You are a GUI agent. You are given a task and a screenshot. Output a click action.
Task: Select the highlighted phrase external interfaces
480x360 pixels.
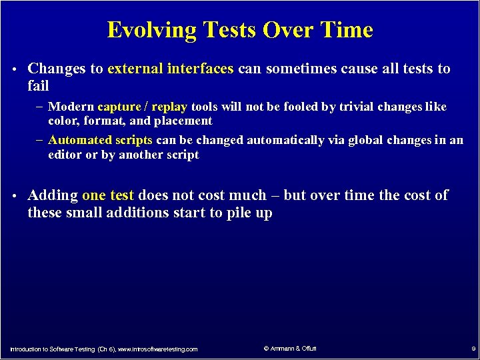[x=170, y=69]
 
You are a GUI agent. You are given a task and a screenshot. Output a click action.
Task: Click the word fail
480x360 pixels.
[x=38, y=86]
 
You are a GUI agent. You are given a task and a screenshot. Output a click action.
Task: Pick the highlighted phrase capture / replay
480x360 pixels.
[x=142, y=107]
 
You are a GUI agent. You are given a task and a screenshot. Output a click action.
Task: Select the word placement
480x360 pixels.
[x=185, y=121]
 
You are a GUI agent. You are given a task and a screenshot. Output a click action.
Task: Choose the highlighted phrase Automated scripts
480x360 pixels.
[x=101, y=140]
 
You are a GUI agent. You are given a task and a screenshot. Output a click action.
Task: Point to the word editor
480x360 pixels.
[x=65, y=155]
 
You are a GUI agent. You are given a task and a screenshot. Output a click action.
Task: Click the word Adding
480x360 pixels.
[x=53, y=195]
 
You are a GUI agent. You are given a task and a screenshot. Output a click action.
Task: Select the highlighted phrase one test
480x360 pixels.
[x=108, y=195]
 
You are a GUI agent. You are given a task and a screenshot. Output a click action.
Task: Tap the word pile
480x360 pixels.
[x=239, y=213]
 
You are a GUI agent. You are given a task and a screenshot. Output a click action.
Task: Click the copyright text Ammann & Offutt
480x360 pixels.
[x=291, y=349]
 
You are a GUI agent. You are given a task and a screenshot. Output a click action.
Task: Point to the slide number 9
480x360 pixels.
[x=473, y=349]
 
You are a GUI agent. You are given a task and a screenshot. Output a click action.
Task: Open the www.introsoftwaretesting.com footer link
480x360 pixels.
[x=157, y=349]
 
